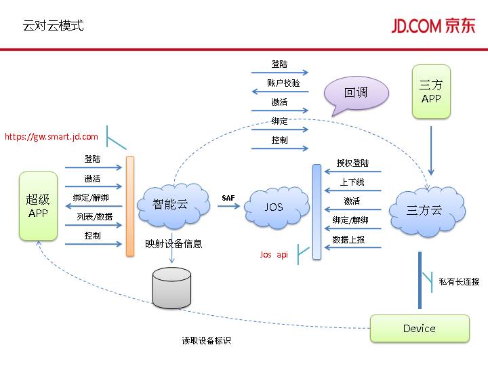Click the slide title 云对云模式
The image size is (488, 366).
click(53, 26)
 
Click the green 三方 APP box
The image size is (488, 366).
click(431, 91)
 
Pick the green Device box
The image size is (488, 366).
click(420, 328)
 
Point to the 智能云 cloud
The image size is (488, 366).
click(170, 204)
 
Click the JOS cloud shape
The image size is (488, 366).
click(274, 207)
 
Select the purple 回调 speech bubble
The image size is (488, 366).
click(356, 93)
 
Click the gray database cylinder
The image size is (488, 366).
click(172, 287)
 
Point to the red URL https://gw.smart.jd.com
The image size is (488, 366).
click(52, 137)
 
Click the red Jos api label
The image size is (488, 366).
click(274, 255)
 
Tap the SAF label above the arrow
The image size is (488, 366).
click(228, 197)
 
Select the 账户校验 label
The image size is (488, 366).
click(283, 83)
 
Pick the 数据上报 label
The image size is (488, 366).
click(348, 239)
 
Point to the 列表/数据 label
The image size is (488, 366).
click(94, 217)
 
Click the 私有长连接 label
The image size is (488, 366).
click(459, 282)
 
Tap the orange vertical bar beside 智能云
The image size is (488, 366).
click(129, 206)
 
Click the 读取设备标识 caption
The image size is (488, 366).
click(206, 341)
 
